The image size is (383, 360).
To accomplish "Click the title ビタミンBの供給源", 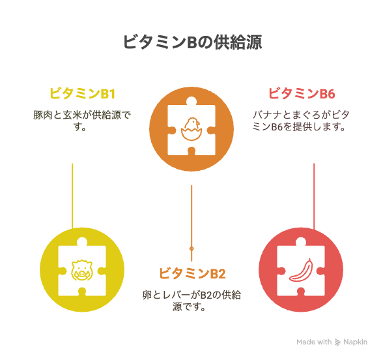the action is pyautogui.click(x=193, y=42).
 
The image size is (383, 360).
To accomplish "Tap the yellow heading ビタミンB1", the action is pyautogui.click(x=82, y=93).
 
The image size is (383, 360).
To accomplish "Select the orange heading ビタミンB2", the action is pyautogui.click(x=192, y=273).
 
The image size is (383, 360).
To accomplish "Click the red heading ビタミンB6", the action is pyautogui.click(x=302, y=93).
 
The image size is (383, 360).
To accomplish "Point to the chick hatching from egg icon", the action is pyautogui.click(x=191, y=129).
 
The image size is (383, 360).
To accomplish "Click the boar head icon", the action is pyautogui.click(x=82, y=270).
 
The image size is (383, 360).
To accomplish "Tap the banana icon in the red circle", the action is pyautogui.click(x=301, y=270).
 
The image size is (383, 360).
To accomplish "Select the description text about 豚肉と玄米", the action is pyautogui.click(x=82, y=121).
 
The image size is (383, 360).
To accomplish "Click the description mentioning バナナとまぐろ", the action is pyautogui.click(x=301, y=121).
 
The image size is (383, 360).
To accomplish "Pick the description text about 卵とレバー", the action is pyautogui.click(x=191, y=301).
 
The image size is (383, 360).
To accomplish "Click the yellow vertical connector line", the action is pyautogui.click(x=72, y=196).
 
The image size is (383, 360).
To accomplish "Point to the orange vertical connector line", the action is pyautogui.click(x=191, y=223).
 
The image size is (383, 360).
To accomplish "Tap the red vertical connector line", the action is pyautogui.click(x=314, y=196).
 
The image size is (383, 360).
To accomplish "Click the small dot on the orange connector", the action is pyautogui.click(x=191, y=248).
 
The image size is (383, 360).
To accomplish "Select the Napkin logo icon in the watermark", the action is pyautogui.click(x=337, y=342).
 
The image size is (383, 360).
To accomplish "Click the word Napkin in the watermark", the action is pyautogui.click(x=356, y=342).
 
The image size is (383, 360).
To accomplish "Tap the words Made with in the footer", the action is pyautogui.click(x=314, y=342).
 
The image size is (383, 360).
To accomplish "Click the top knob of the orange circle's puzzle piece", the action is pyautogui.click(x=191, y=101).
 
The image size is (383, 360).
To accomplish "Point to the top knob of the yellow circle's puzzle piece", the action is pyautogui.click(x=82, y=241).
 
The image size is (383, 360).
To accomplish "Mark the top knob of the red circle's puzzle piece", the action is pyautogui.click(x=301, y=241).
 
